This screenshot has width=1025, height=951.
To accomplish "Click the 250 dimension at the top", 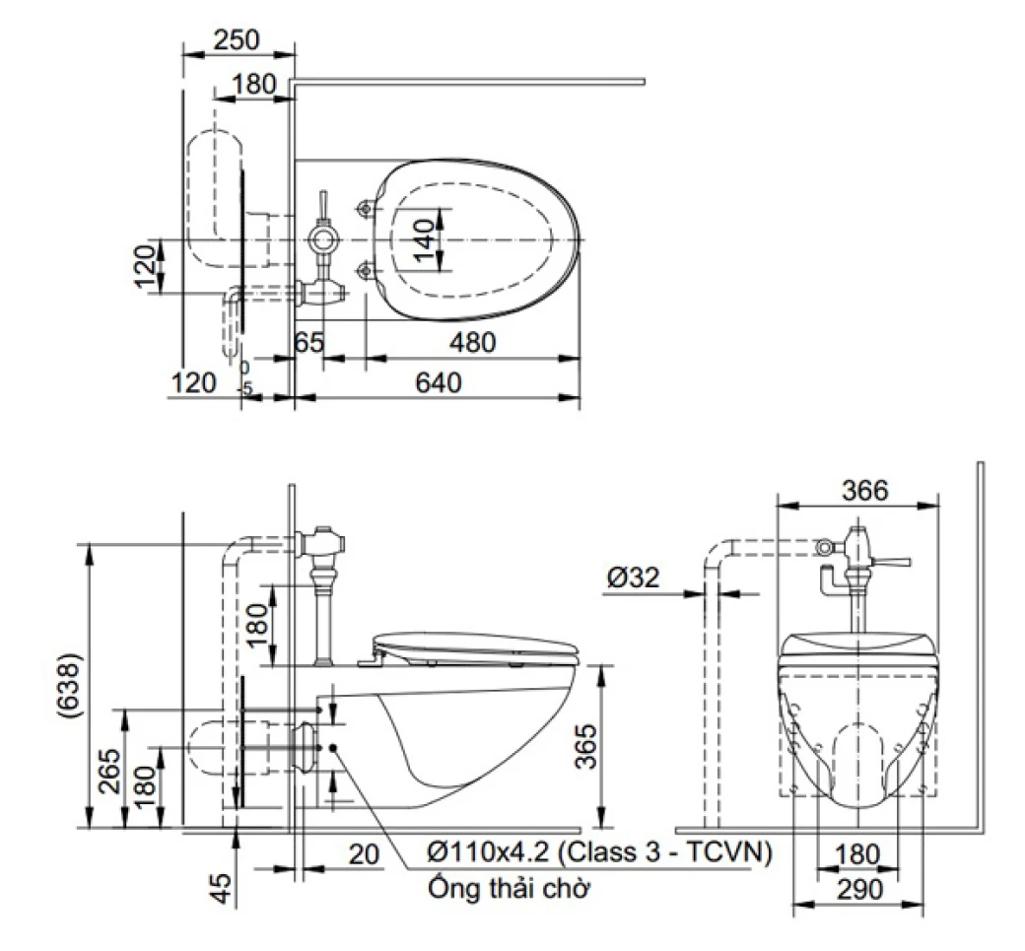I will pyautogui.click(x=237, y=39).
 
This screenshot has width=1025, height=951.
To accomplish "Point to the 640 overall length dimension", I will pyautogui.click(x=438, y=382).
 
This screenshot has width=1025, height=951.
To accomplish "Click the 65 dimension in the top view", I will pyautogui.click(x=309, y=344).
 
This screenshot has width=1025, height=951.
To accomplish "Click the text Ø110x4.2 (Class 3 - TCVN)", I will pyautogui.click(x=598, y=852).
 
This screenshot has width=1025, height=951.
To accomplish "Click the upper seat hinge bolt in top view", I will pyautogui.click(x=367, y=209).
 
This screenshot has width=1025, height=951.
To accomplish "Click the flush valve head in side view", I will pyautogui.click(x=322, y=540).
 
